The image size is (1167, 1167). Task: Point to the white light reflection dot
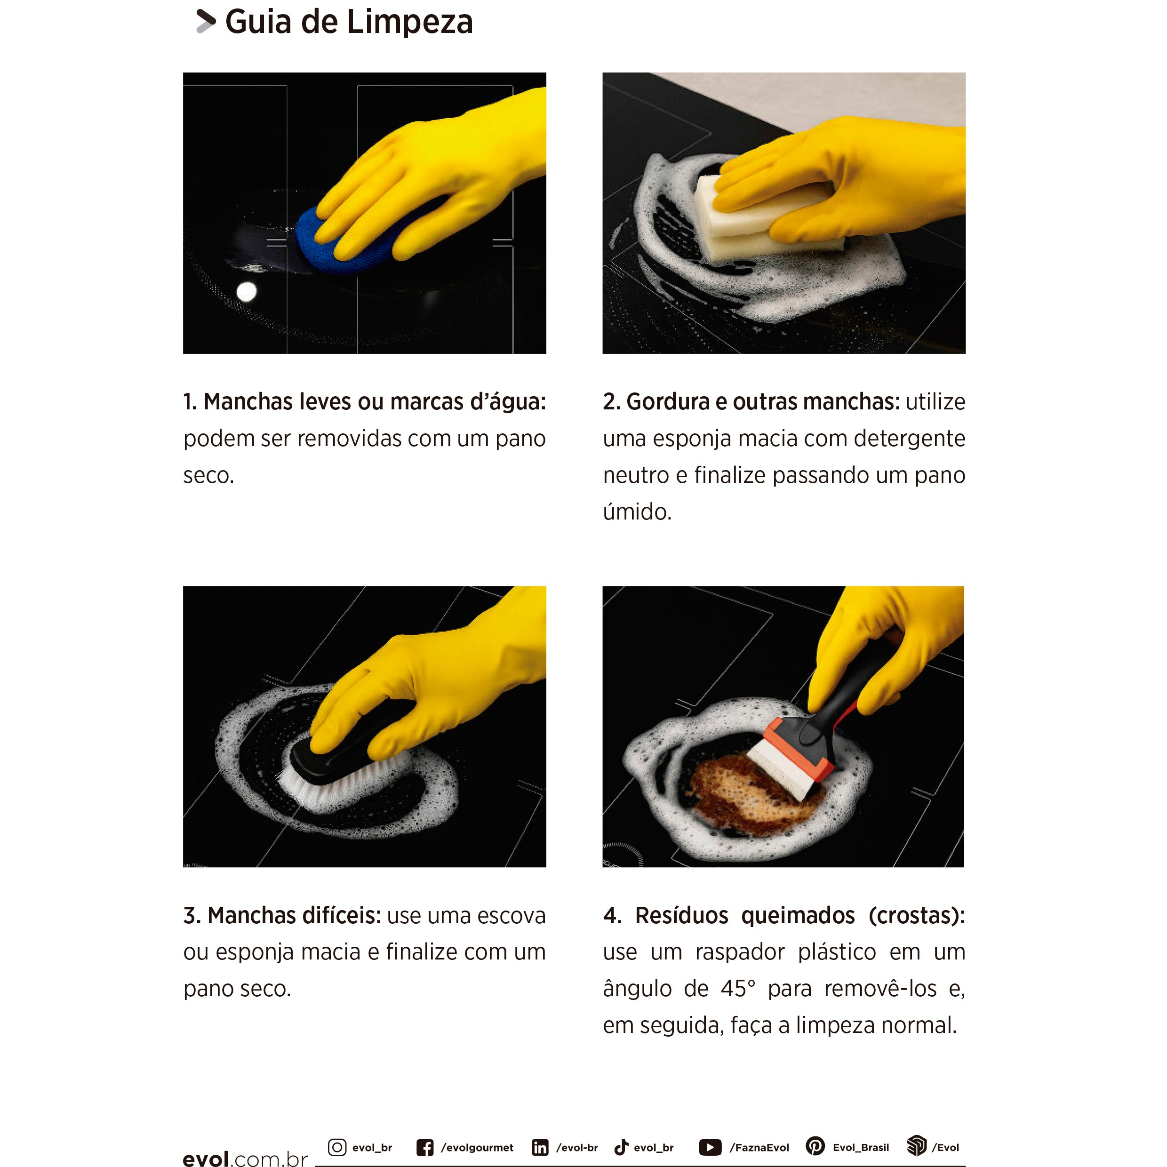click(247, 292)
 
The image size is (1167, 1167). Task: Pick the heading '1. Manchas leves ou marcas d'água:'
click(364, 402)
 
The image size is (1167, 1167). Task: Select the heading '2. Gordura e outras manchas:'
click(751, 402)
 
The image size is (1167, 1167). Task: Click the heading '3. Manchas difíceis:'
click(282, 915)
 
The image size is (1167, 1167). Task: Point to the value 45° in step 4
click(737, 989)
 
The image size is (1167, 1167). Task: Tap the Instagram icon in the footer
click(337, 1147)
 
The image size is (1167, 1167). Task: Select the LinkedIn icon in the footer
click(540, 1148)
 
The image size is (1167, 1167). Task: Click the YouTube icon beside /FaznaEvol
click(710, 1147)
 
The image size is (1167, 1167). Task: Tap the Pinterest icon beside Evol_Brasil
click(815, 1146)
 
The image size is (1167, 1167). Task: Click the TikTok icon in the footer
click(621, 1147)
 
